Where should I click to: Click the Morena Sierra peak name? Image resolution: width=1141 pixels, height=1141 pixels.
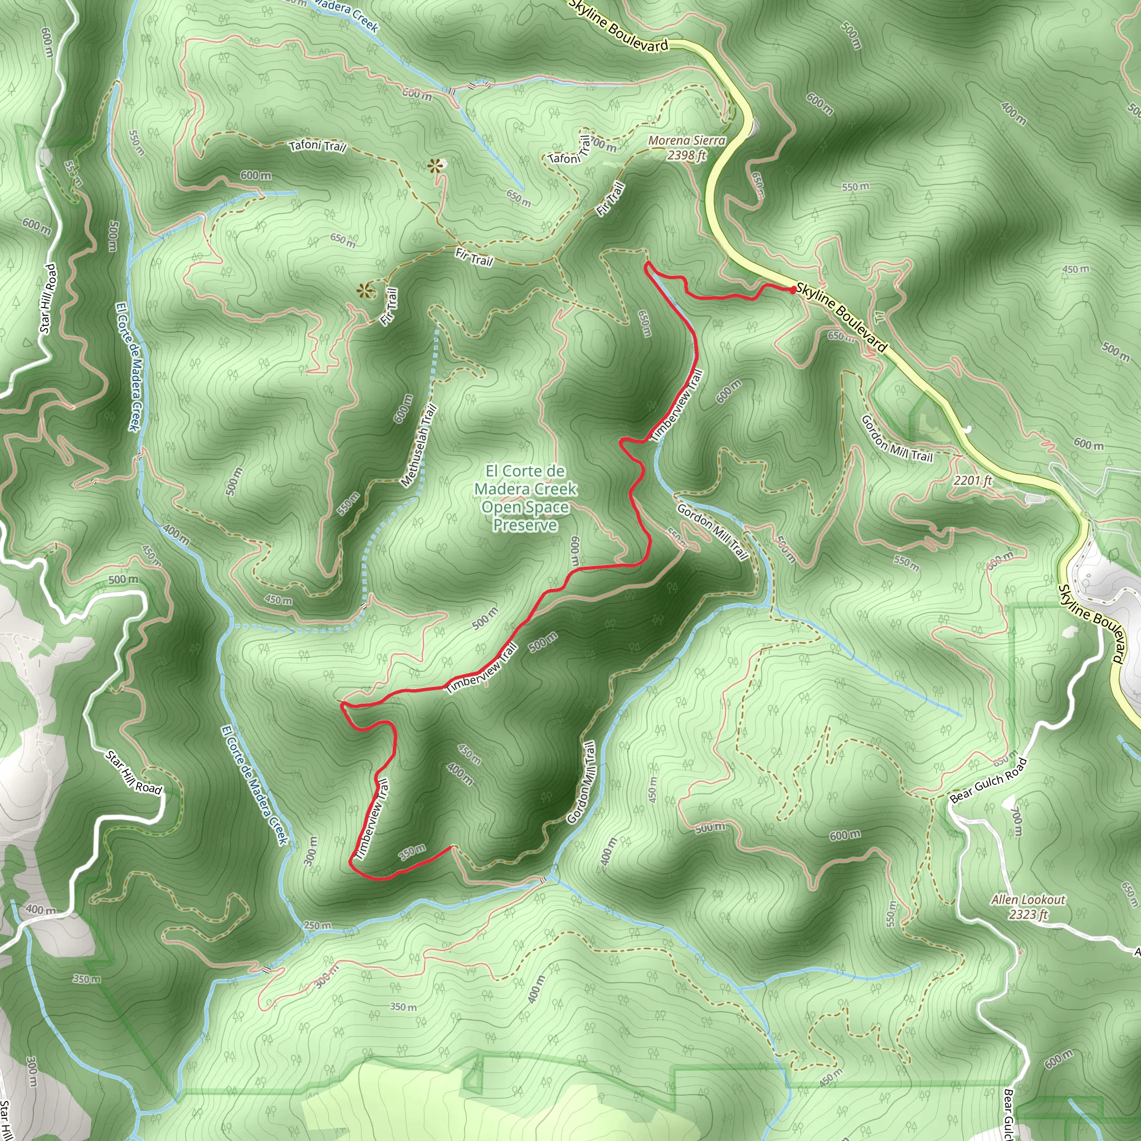686,140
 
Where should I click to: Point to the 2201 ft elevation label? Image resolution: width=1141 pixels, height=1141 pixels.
973,481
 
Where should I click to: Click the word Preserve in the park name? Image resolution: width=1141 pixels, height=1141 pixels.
525,525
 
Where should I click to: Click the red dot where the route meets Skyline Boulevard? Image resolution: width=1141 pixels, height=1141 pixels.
793,289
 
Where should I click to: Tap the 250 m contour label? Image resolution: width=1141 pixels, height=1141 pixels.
318,925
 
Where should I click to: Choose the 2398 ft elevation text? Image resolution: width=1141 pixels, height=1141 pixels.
686,155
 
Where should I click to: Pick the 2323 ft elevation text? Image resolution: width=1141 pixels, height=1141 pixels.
1028,914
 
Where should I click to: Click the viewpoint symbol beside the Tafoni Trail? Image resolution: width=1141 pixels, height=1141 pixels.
436,166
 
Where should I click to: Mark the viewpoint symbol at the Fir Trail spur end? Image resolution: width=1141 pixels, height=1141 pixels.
365,291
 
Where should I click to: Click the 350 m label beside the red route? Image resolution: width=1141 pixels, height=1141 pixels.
412,852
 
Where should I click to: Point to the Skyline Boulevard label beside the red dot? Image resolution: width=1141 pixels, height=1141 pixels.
842,317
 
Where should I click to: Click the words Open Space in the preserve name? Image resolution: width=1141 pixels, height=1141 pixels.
525,508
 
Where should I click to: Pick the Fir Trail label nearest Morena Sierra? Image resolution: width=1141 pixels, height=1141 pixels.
611,199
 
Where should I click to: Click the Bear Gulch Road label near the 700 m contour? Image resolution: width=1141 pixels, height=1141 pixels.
988,779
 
